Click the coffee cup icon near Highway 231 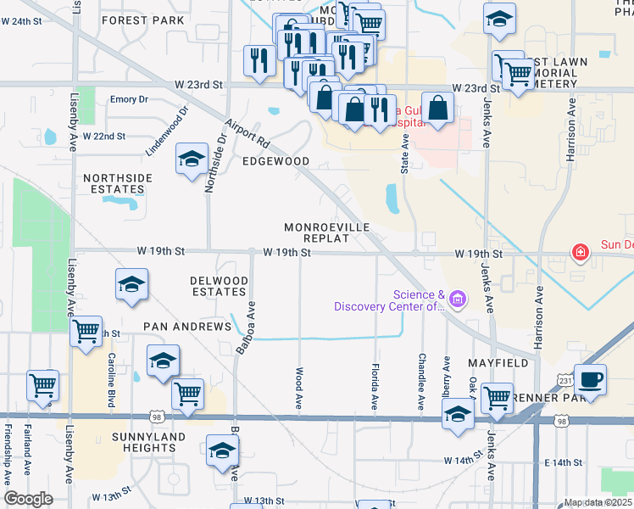(x=590, y=378)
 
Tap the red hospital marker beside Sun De (x=581, y=252)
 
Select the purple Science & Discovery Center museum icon (x=459, y=299)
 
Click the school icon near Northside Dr (x=192, y=159)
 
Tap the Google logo (x=28, y=499)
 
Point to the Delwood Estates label (x=219, y=286)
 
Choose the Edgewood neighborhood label (x=275, y=161)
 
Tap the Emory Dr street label (x=129, y=99)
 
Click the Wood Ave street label (x=298, y=380)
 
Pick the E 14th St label (x=564, y=462)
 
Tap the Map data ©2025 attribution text (x=598, y=502)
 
